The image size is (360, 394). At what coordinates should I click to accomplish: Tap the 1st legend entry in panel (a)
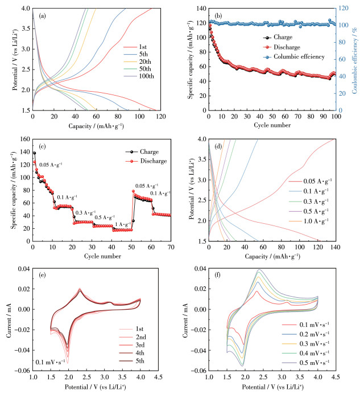[144, 46]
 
